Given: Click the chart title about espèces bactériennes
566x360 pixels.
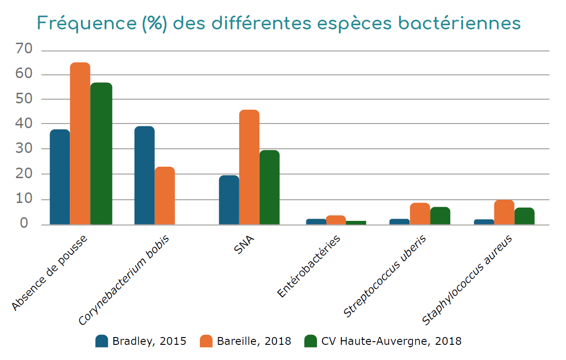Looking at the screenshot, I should (x=279, y=23).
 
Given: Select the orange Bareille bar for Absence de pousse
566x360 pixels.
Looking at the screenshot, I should (x=80, y=143).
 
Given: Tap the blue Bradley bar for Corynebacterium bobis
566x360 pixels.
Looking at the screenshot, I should (x=144, y=175).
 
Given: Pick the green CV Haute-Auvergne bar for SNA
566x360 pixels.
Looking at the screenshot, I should (x=269, y=187).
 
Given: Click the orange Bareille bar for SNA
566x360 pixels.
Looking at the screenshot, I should (x=249, y=167).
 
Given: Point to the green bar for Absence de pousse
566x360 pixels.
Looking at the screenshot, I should (x=101, y=153).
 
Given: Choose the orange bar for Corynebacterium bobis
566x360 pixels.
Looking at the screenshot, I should (x=164, y=196).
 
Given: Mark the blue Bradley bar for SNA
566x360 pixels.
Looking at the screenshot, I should (x=229, y=200).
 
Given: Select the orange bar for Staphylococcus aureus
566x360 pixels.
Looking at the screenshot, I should (x=504, y=212).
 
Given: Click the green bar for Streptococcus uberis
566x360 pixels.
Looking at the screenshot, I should (x=440, y=216).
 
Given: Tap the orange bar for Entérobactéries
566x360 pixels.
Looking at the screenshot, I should (x=335, y=220).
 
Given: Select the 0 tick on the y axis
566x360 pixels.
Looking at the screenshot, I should (x=27, y=224).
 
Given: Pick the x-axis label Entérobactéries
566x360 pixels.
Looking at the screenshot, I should (x=310, y=266).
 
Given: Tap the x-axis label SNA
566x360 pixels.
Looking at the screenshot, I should (x=244, y=247).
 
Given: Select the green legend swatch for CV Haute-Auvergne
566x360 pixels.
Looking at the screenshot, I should (x=311, y=341).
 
